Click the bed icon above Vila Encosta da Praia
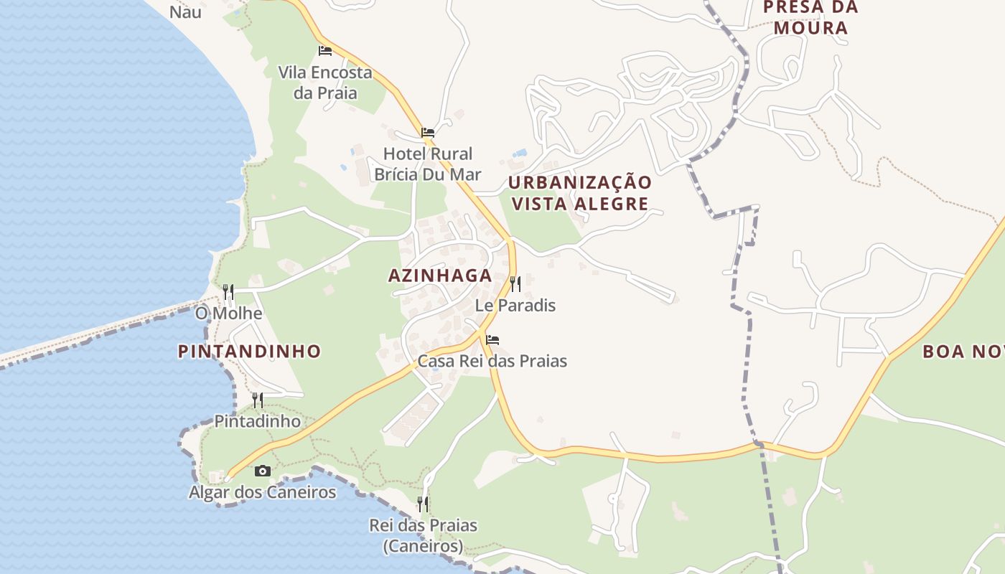click(x=324, y=51)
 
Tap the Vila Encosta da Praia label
click(x=325, y=83)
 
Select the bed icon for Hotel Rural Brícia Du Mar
click(x=428, y=133)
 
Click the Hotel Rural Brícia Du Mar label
click(x=428, y=164)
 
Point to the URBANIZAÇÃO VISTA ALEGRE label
click(x=580, y=193)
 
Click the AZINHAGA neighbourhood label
click(x=440, y=276)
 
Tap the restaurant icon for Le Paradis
click(x=515, y=284)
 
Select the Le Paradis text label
click(x=515, y=306)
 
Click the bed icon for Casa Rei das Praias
click(x=492, y=340)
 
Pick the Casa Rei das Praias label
click(x=492, y=361)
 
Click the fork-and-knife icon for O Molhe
click(x=228, y=291)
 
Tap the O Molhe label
click(x=228, y=314)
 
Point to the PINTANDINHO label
click(x=249, y=352)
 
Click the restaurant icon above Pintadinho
click(x=257, y=400)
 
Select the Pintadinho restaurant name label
click(x=257, y=421)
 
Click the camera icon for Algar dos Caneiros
click(x=263, y=471)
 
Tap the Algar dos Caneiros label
click(x=263, y=492)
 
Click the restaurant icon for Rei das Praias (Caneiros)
click(x=424, y=504)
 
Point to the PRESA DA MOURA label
click(x=810, y=18)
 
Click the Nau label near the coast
click(x=185, y=12)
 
